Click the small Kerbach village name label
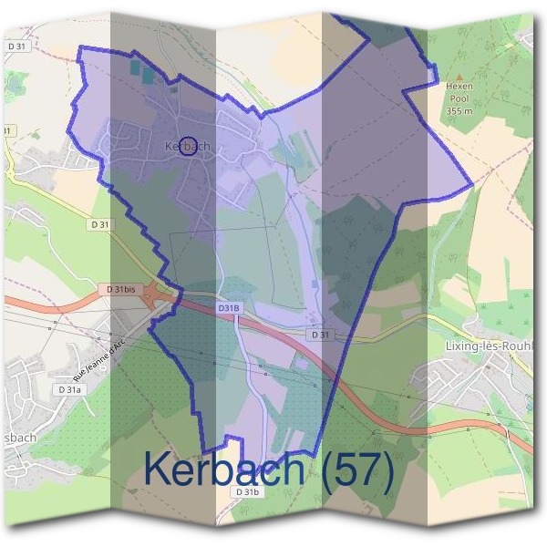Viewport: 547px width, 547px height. coord(189,146)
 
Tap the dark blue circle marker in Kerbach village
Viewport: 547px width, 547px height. coord(187,146)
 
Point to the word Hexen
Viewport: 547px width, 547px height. coord(459,88)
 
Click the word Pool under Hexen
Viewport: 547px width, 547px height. coord(459,99)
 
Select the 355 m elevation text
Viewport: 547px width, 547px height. coord(459,111)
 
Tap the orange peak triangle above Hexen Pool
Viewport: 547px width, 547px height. coord(459,77)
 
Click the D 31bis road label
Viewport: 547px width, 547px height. coord(119,289)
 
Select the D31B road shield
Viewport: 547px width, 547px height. coord(228,309)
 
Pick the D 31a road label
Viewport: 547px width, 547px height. coord(69,389)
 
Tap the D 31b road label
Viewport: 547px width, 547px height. coord(248,492)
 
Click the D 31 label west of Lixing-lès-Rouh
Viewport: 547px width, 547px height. coord(319,335)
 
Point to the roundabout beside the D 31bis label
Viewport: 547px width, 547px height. coord(167,296)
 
